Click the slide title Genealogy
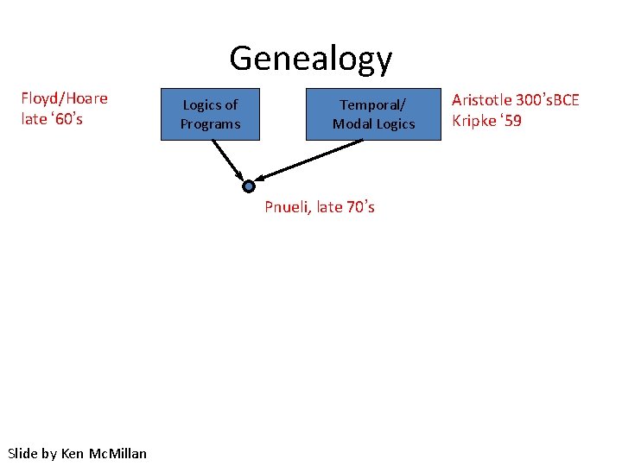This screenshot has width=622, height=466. click(310, 59)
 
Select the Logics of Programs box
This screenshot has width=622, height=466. click(210, 114)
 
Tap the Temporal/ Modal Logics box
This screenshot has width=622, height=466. click(373, 114)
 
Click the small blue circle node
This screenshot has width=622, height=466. click(249, 186)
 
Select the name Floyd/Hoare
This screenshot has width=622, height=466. click(64, 98)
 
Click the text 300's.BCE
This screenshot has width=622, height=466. click(549, 100)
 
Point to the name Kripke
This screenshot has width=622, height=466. click(474, 121)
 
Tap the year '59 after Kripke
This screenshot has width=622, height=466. click(511, 121)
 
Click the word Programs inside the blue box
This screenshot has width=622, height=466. click(210, 124)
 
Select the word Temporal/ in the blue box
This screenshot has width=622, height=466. click(373, 105)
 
